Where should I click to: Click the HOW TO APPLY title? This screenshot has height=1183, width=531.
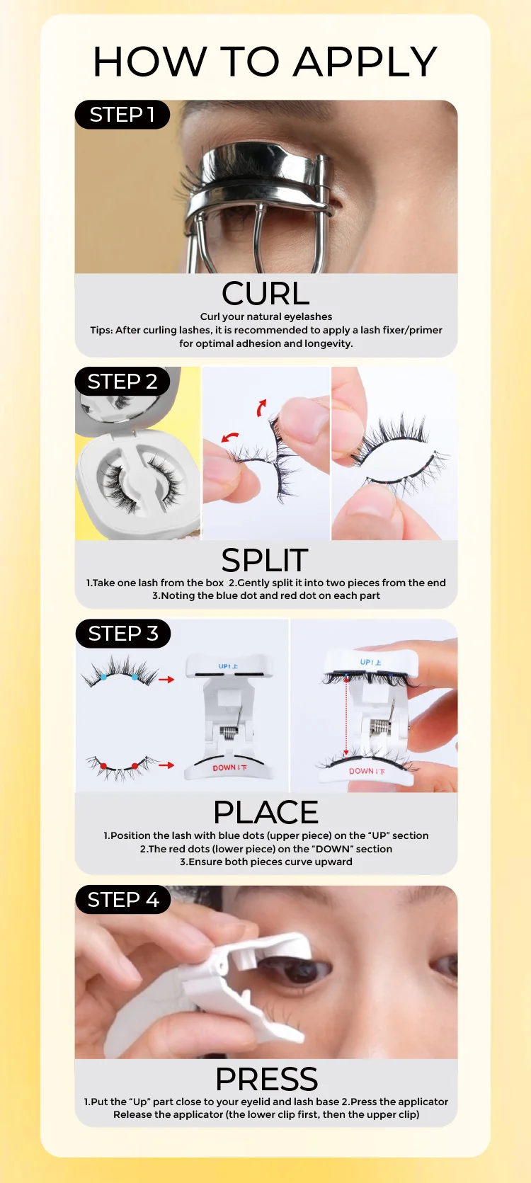coord(265,62)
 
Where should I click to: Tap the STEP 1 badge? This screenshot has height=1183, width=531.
coord(122,115)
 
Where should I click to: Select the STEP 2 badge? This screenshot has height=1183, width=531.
coord(122,382)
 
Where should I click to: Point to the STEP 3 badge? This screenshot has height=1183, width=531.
coord(122,633)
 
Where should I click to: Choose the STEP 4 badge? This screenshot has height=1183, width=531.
coord(122,899)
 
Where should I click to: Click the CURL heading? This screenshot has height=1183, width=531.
coord(265,293)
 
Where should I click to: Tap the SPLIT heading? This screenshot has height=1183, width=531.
coord(265,560)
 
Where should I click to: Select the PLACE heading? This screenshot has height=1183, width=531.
coord(265,812)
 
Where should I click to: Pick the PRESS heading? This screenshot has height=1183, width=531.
coord(266,1078)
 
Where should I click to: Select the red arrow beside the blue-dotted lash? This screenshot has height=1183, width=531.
coord(166,680)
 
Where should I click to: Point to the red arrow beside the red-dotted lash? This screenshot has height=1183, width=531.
coord(166,765)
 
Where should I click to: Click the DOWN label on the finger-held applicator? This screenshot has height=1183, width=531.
coord(367,771)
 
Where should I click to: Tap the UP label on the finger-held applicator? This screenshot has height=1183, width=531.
coord(370,662)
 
